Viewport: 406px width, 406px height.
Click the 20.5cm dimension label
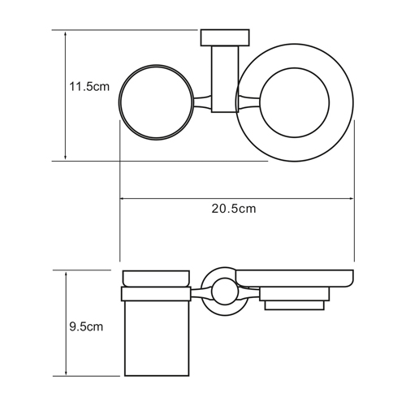[234, 209]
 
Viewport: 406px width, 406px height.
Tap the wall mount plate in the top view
[225, 36]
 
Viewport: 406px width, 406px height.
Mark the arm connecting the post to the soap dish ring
[248, 102]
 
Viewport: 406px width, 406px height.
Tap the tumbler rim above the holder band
[156, 278]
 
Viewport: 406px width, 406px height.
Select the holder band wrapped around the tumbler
[156, 293]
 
